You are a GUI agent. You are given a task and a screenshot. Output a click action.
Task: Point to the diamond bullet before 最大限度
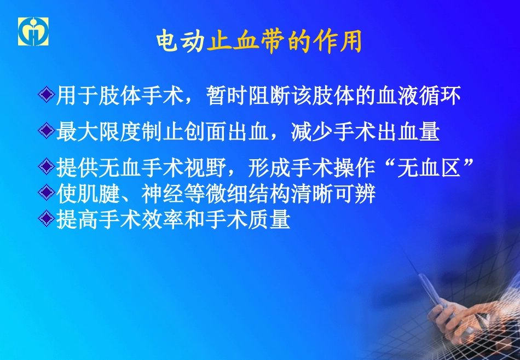[48, 132]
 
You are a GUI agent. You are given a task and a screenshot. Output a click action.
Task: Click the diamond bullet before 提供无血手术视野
[48, 167]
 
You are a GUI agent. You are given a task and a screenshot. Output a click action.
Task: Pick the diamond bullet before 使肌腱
[48, 193]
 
